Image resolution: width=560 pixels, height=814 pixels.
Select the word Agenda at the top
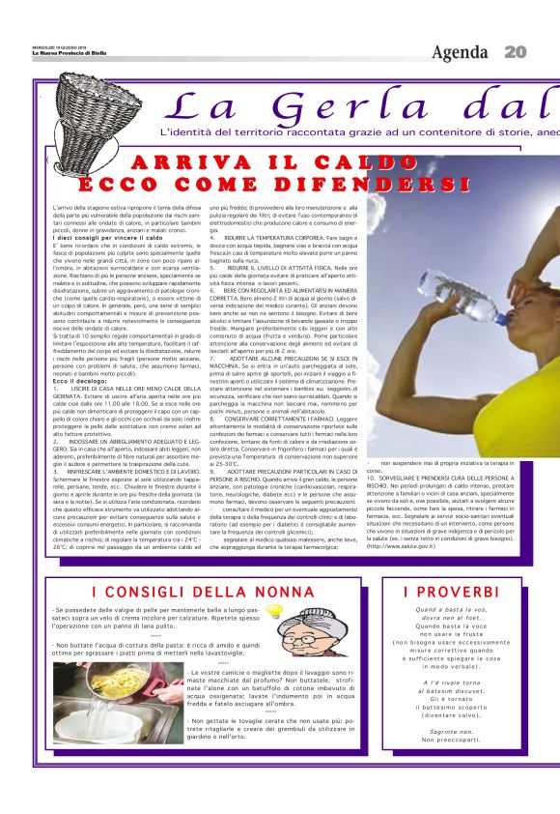[460, 51]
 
